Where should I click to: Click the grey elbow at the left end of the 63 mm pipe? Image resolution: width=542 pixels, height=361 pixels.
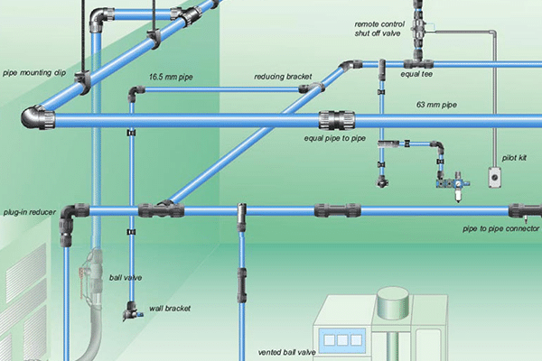click(39, 117)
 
